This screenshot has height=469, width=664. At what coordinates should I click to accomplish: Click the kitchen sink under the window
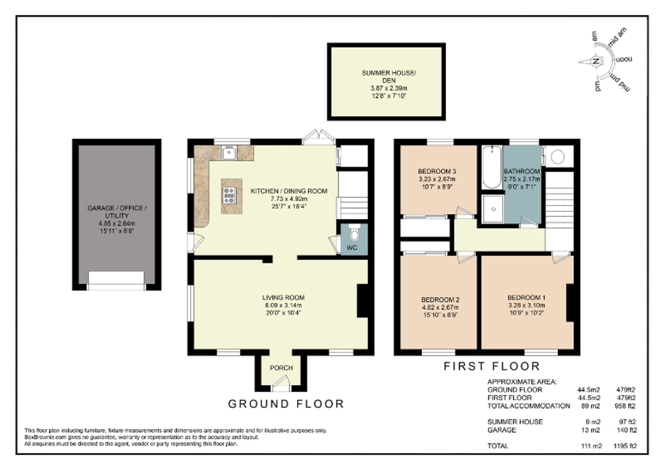229,153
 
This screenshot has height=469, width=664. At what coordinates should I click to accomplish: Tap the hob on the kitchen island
229,195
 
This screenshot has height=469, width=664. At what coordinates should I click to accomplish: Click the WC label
352,248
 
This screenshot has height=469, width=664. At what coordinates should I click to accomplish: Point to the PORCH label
281,368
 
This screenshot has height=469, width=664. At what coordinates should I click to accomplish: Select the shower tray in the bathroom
493,209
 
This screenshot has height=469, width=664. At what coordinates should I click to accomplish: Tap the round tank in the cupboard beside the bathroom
557,157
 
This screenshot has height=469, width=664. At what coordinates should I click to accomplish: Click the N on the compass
596,61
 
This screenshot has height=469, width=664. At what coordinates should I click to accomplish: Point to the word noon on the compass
624,60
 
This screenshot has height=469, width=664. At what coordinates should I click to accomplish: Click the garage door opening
116,280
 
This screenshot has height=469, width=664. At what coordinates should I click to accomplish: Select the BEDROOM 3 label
437,171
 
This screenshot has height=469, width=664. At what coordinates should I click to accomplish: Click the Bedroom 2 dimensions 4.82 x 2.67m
440,307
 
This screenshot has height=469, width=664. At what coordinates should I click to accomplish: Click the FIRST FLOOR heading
492,366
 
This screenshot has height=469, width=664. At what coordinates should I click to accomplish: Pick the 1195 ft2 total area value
625,446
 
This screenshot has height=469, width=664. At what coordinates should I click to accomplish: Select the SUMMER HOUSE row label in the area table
515,422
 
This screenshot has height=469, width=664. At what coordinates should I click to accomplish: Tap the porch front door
281,384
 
